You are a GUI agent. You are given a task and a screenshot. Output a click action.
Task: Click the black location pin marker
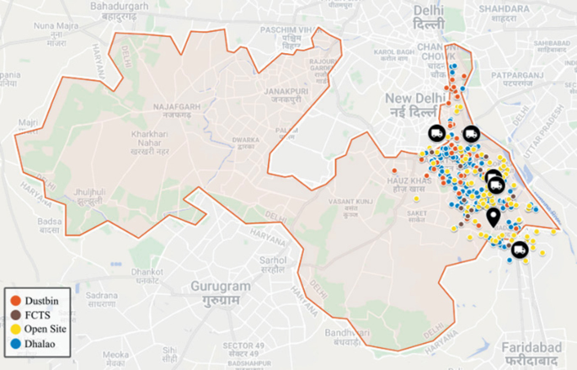493,218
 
